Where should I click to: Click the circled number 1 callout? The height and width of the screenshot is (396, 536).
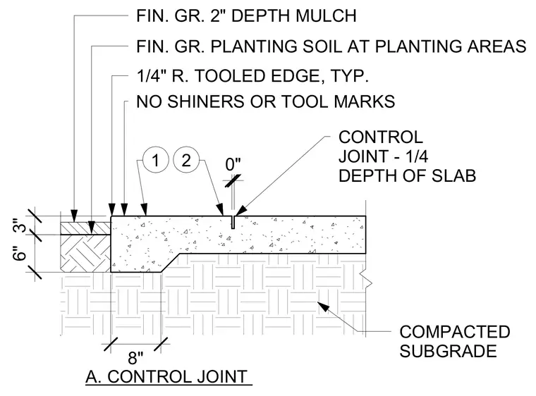[156, 160]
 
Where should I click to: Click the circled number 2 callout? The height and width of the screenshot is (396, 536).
[186, 160]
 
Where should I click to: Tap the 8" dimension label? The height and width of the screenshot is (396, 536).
[135, 358]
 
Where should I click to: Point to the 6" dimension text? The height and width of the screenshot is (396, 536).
[20, 253]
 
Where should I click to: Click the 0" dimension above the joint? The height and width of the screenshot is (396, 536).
[233, 164]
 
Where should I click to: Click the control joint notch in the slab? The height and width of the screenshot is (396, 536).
[233, 222]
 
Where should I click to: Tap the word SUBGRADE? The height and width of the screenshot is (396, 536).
[448, 351]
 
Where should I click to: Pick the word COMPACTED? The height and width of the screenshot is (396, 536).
[455, 332]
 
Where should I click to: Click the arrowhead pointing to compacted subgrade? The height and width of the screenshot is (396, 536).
[324, 306]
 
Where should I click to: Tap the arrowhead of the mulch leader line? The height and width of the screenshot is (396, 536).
[74, 215]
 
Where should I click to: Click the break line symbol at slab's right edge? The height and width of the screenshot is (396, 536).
[367, 278]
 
